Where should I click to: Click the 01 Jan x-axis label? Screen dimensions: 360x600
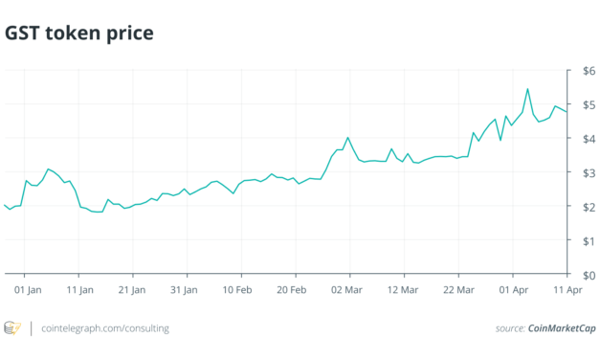(28, 288)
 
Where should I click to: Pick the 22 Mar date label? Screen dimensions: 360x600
(459, 288)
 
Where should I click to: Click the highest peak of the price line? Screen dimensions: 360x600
(528, 90)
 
